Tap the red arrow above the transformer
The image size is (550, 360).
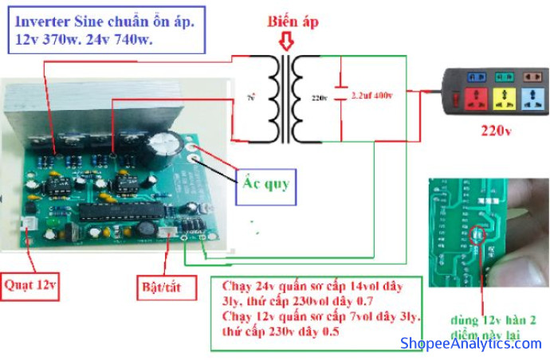coord(285,44)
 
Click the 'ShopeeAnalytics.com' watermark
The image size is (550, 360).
coord(470,343)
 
